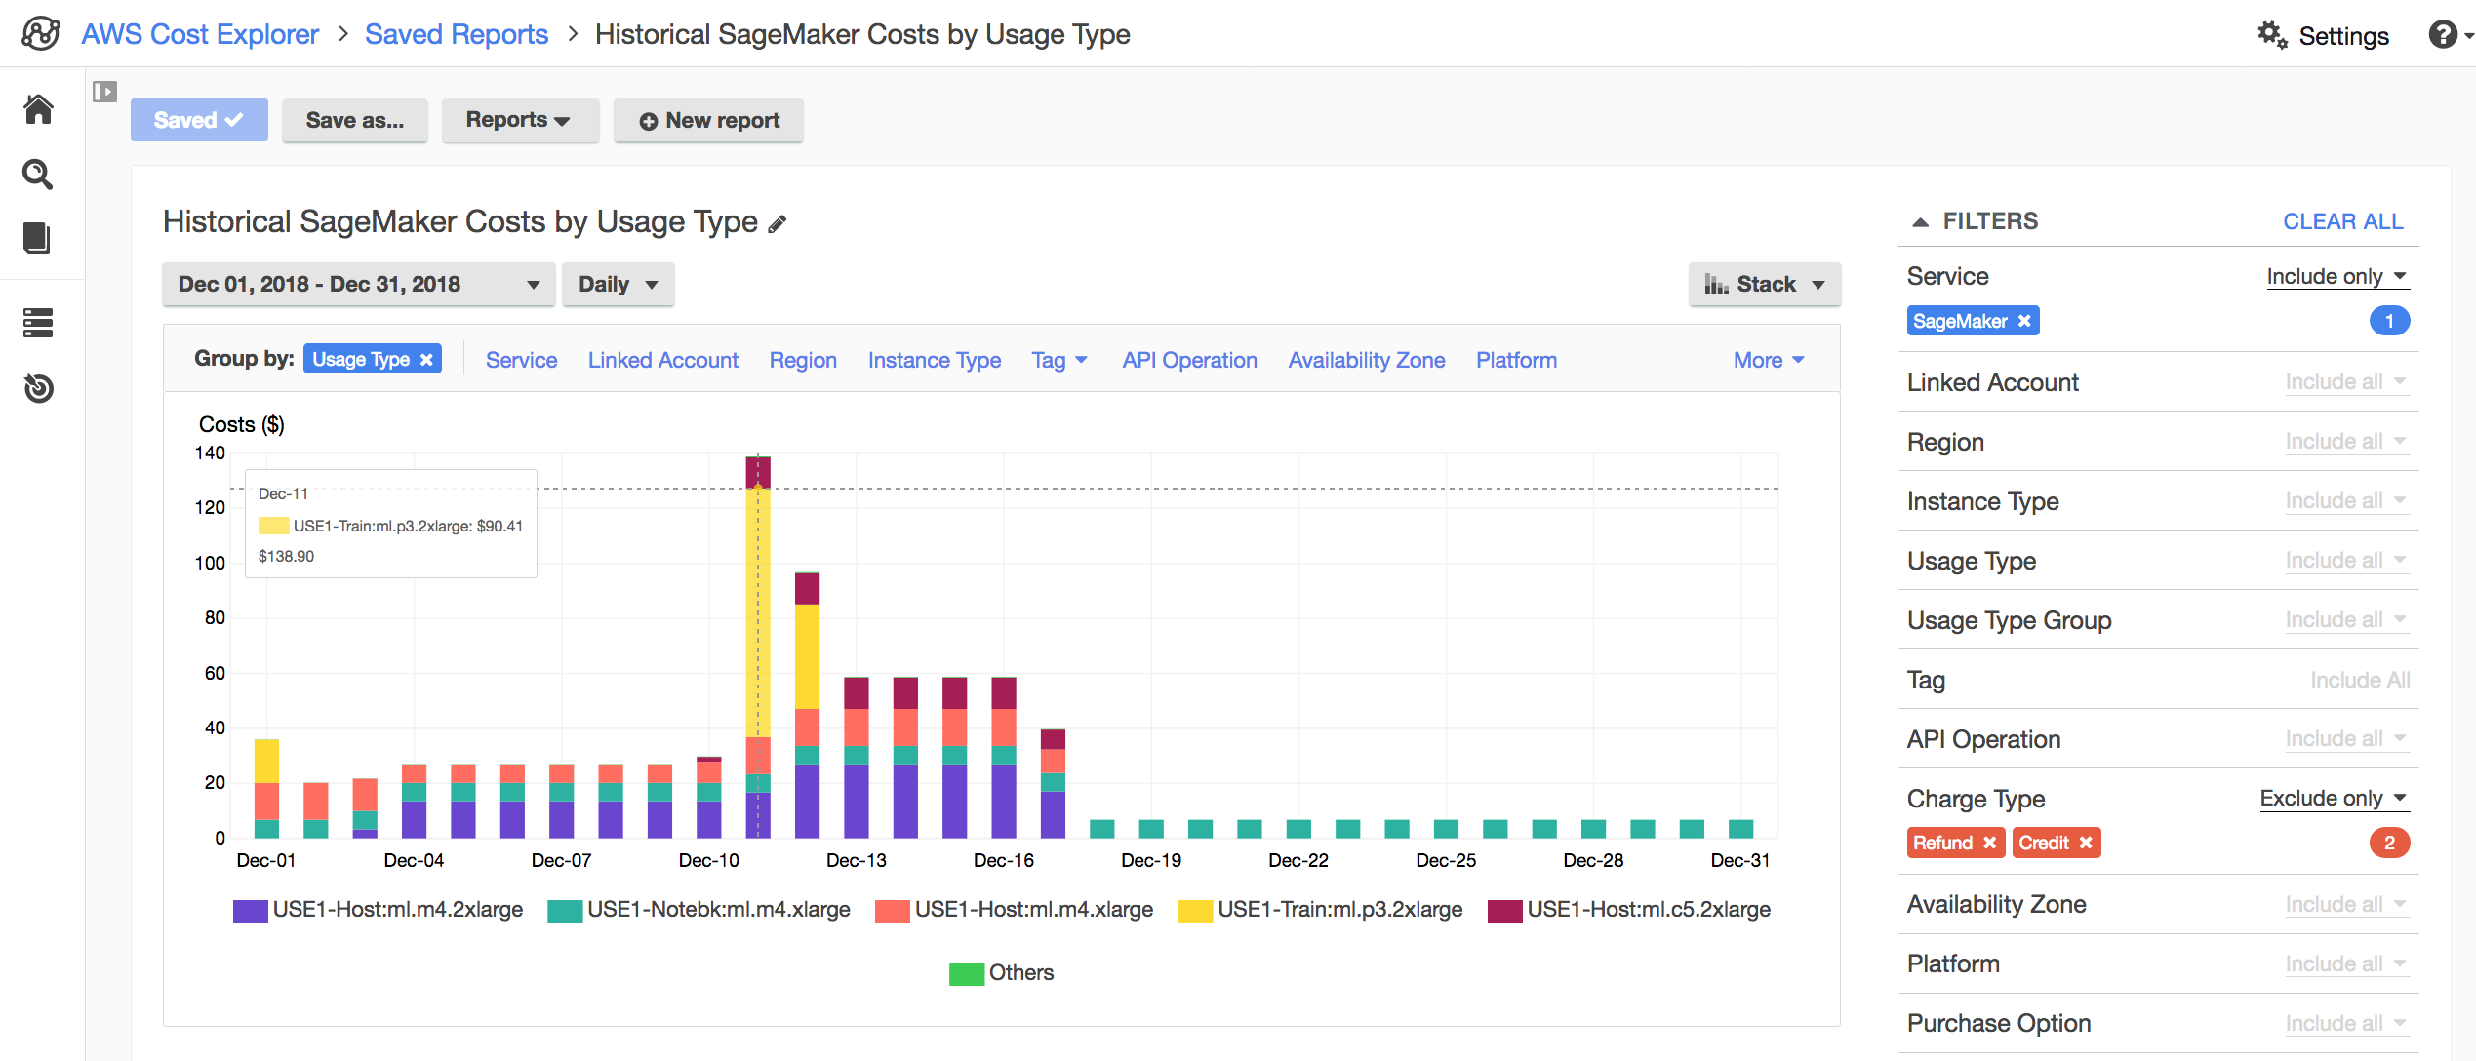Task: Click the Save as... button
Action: coord(354,121)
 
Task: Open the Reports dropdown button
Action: coord(518,121)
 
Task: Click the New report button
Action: coord(708,121)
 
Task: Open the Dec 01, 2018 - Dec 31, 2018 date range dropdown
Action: coord(358,285)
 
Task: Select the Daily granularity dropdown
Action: coord(618,285)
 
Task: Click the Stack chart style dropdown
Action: coord(1764,285)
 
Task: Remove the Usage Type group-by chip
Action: coord(426,360)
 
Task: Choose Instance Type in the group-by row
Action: coord(934,361)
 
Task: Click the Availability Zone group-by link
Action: coord(1366,361)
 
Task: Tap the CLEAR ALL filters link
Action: coord(2342,222)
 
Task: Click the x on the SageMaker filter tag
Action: coord(2024,321)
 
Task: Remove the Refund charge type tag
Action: coord(1989,843)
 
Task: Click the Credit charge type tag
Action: coord(2044,843)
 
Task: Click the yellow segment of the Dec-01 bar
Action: coord(266,761)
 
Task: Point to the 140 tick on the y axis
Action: coord(210,453)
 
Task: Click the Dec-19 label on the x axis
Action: coord(1151,861)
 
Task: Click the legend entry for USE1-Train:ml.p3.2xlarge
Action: coord(1338,910)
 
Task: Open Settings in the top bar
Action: coord(2324,36)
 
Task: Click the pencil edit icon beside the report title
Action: coord(777,225)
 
